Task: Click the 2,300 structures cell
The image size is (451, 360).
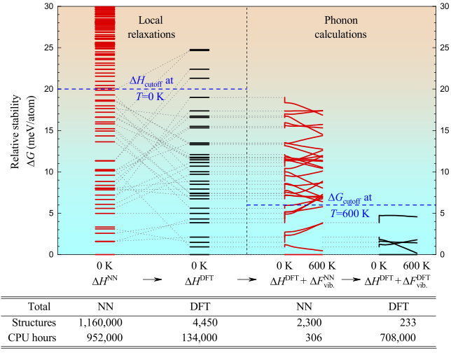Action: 307,323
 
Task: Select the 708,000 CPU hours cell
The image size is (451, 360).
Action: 397,338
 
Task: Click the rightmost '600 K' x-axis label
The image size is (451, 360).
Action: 417,266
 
